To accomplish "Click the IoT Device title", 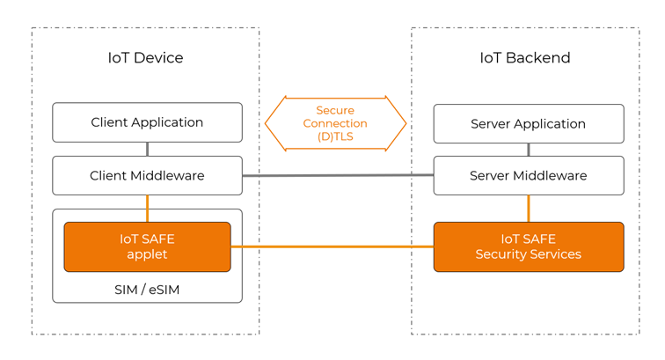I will click(146, 58).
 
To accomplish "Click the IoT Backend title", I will click(524, 58).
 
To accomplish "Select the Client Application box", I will click(147, 122).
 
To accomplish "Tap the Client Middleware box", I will click(147, 176).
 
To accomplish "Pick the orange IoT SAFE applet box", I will click(147, 246).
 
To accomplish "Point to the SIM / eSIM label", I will click(147, 289).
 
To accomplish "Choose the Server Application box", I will click(528, 124).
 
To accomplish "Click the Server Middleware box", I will click(528, 176).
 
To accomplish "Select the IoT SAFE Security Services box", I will click(528, 246).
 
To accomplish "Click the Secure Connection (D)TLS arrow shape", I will click(335, 124).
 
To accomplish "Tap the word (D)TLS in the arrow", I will click(335, 137).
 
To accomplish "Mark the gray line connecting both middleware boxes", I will click(338, 175).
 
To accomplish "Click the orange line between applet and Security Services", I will click(332, 246).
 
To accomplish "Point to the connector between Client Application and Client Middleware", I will click(147, 149).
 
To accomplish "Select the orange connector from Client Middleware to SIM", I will click(147, 208).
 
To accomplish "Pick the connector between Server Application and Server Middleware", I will click(528, 150).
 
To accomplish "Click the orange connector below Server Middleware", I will click(528, 209).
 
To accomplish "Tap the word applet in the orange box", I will click(147, 254).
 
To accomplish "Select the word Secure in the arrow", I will click(335, 111).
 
